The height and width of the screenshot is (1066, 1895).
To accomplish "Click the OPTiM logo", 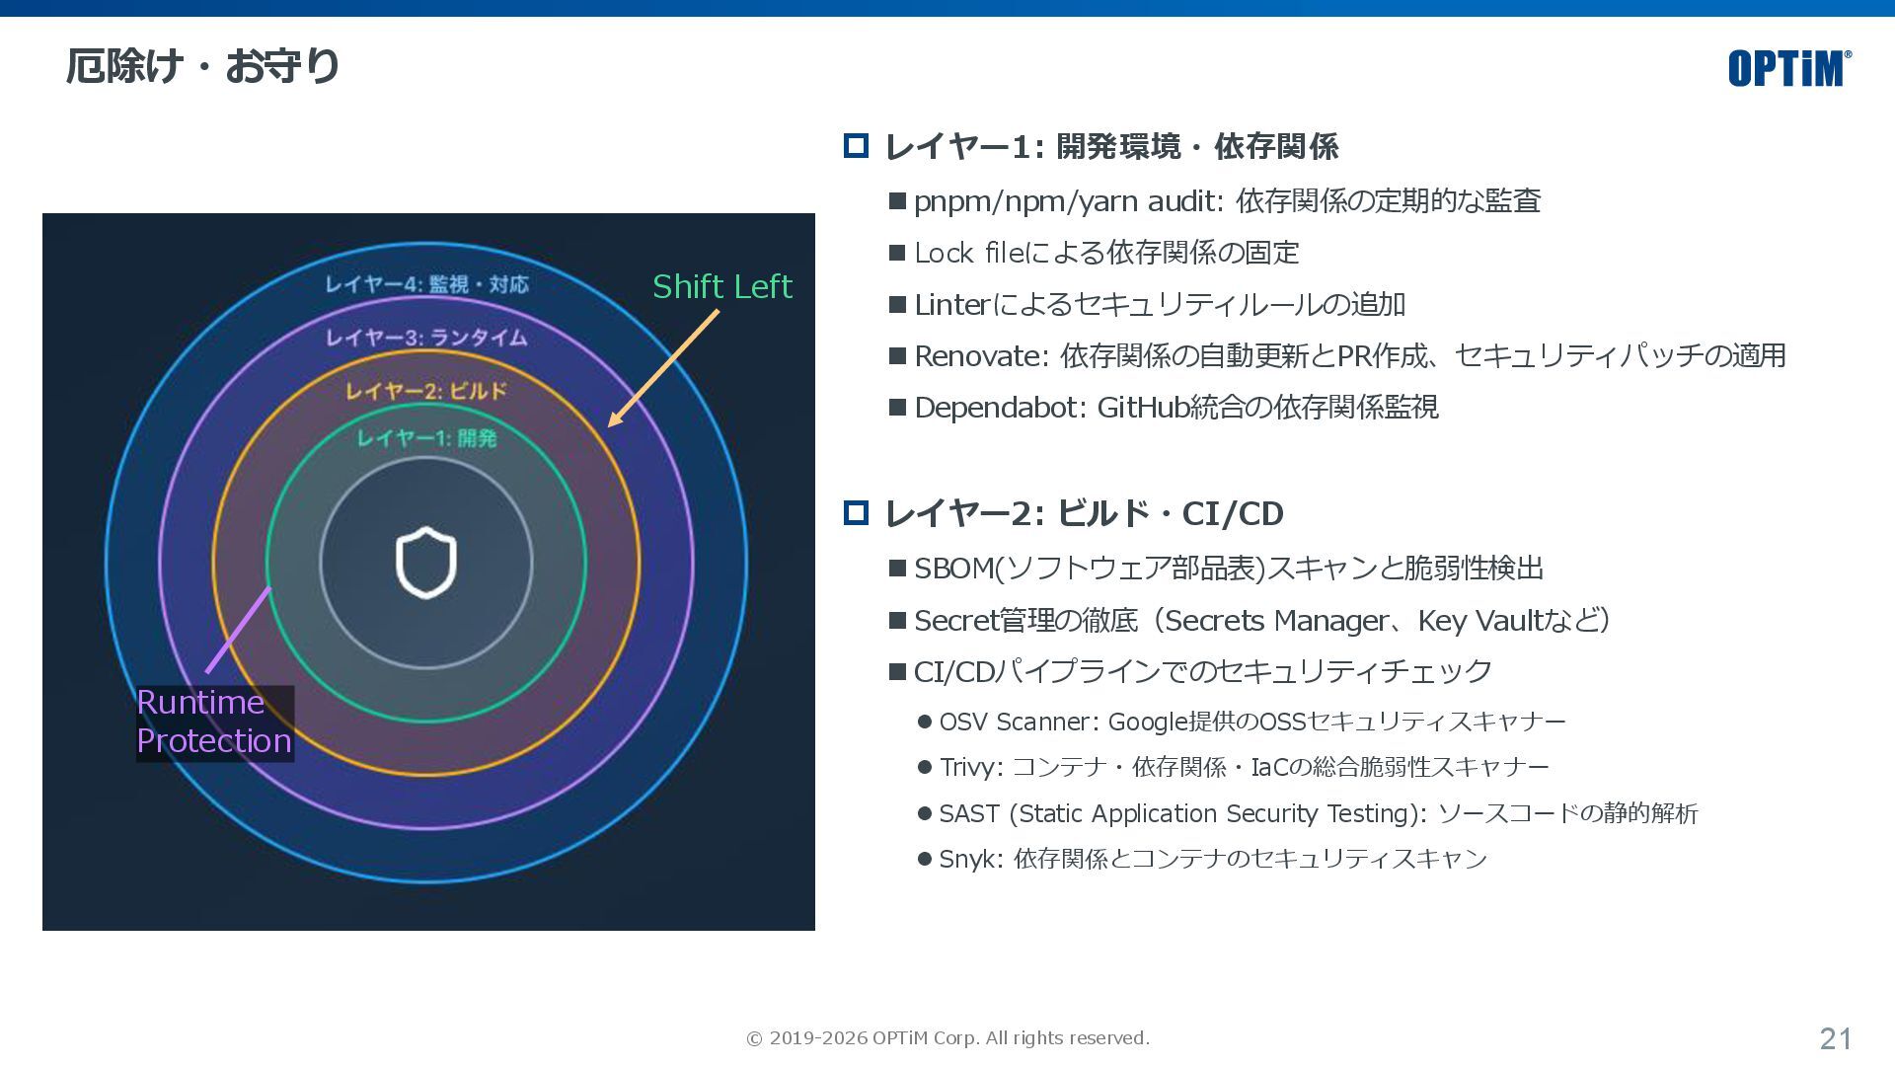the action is (1788, 68).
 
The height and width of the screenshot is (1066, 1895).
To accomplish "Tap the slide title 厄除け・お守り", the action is (203, 66).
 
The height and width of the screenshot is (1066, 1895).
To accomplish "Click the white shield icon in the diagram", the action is (426, 563).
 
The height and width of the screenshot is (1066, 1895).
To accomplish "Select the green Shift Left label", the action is (722, 286).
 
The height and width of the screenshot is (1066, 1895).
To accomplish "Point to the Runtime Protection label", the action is (214, 722).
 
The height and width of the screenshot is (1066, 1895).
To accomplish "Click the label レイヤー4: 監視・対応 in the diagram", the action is (427, 284).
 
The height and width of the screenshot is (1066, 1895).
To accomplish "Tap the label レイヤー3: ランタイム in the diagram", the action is (427, 338).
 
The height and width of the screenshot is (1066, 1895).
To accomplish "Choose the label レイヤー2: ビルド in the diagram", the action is (426, 391).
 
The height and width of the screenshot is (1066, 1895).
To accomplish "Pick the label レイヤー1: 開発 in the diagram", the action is (426, 437).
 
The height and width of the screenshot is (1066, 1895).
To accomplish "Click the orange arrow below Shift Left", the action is (663, 368).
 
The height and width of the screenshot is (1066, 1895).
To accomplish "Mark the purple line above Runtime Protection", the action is (238, 630).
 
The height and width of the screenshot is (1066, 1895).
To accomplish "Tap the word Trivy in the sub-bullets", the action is (970, 767).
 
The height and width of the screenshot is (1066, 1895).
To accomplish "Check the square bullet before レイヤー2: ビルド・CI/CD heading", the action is (856, 513).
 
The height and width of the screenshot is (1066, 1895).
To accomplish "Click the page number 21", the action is (1836, 1038).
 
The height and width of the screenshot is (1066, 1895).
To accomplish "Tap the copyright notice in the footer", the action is (947, 1038).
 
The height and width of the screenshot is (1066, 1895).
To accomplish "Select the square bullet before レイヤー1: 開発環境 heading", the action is (856, 146).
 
